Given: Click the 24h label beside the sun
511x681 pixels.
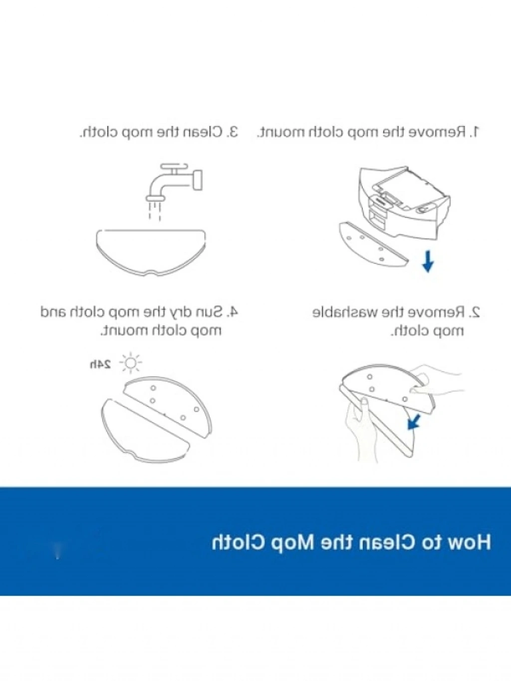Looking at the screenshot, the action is click(x=100, y=364).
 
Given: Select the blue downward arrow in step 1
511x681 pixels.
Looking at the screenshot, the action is click(x=428, y=261).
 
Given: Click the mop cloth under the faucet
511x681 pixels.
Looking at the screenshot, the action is click(x=151, y=252).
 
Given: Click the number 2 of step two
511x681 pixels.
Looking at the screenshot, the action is click(x=475, y=312).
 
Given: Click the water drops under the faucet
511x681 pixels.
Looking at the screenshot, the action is click(x=155, y=211).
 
